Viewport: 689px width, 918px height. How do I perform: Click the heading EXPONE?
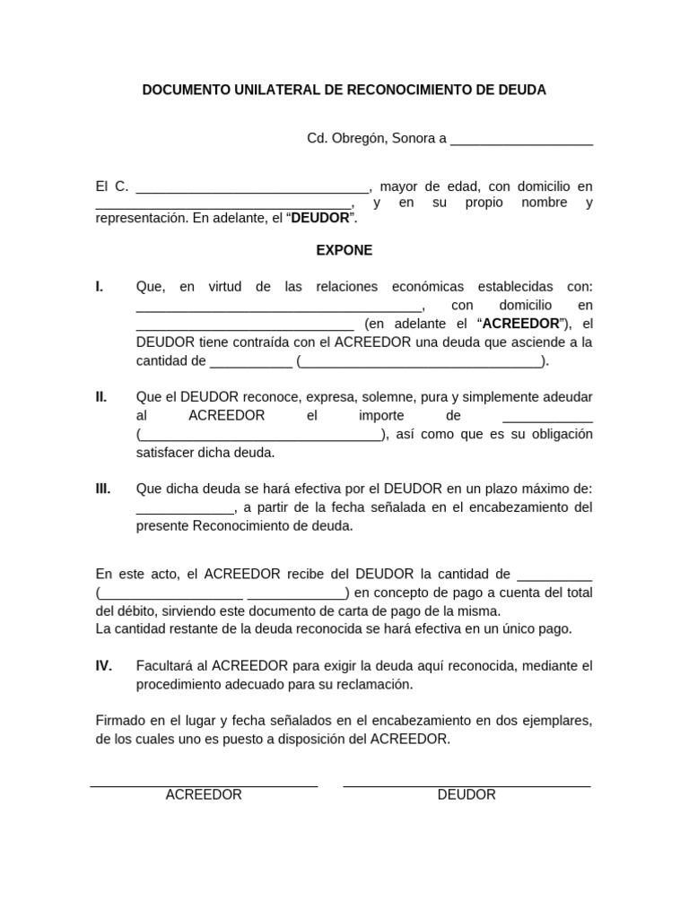point(344,251)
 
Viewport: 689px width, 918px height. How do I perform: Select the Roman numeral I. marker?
point(100,287)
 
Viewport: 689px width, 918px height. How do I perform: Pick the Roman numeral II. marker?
point(101,397)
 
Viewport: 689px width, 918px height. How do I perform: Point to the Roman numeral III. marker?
point(103,489)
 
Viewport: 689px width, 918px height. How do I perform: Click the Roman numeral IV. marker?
point(104,666)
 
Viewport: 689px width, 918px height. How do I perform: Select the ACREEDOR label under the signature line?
point(204,795)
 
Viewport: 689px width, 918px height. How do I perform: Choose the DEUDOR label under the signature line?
point(467,795)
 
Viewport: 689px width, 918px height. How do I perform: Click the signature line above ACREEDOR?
point(204,786)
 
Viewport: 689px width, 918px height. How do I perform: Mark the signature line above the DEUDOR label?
point(467,786)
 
